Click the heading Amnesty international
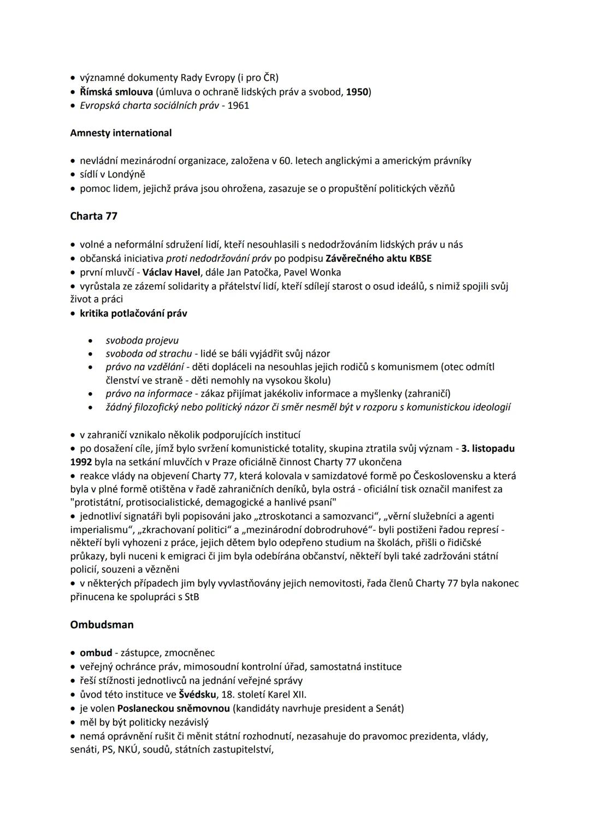click(121, 133)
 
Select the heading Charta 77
click(93, 216)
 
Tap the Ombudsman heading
click(102, 624)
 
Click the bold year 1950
click(357, 91)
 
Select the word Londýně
click(126, 174)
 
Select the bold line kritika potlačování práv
click(133, 313)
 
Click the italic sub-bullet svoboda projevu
click(142, 340)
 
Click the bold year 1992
click(81, 462)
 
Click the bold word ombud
click(96, 653)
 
